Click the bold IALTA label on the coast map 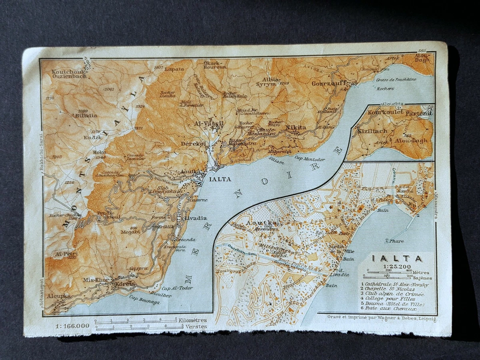click(220, 179)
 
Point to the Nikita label click(296, 128)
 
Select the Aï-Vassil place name click(209, 124)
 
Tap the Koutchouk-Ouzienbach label click(69, 74)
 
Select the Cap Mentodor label click(310, 158)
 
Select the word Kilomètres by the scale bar click(193, 320)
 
